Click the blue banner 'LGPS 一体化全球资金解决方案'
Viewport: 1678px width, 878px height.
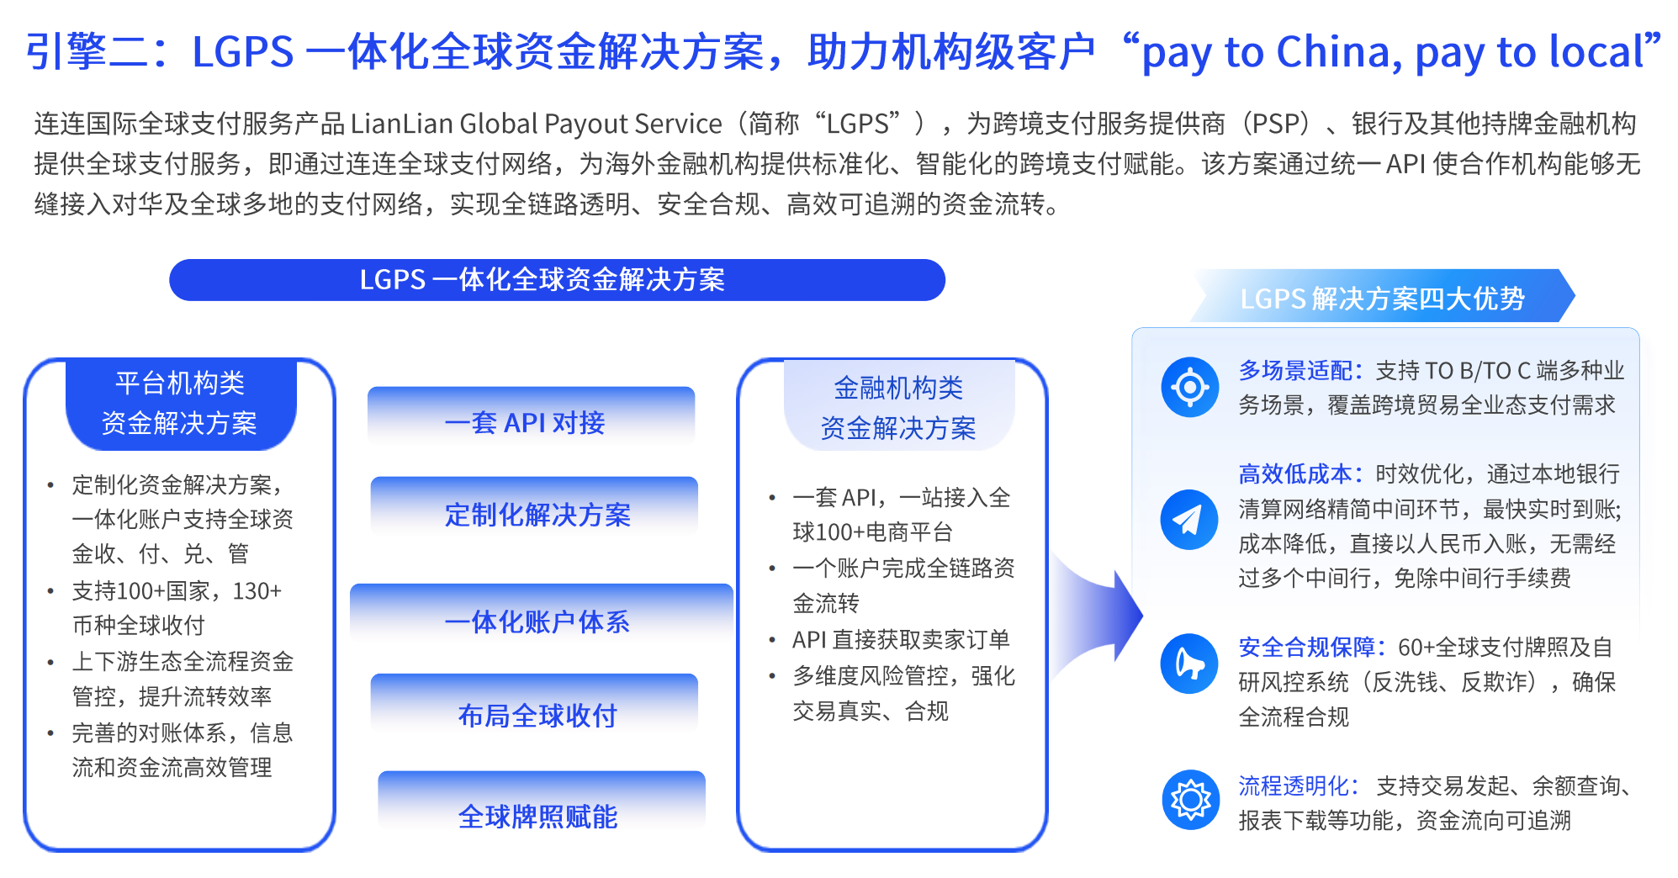557,279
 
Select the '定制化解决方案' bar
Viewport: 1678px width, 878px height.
534,509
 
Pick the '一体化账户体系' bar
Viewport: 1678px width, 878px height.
541,616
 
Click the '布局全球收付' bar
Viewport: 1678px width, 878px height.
534,708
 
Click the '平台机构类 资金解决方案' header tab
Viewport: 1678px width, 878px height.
181,404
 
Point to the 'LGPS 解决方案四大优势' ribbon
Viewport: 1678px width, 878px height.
1383,296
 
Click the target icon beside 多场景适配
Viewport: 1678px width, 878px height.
1189,387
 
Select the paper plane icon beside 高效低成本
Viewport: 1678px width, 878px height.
1189,520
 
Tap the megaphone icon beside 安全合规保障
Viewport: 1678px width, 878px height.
1189,664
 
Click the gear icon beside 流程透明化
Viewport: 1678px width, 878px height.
1190,800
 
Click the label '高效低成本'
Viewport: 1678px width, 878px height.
1294,474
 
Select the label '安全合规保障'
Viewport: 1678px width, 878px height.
1306,647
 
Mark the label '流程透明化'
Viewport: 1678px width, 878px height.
1294,785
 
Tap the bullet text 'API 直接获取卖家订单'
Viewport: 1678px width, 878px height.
901,640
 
